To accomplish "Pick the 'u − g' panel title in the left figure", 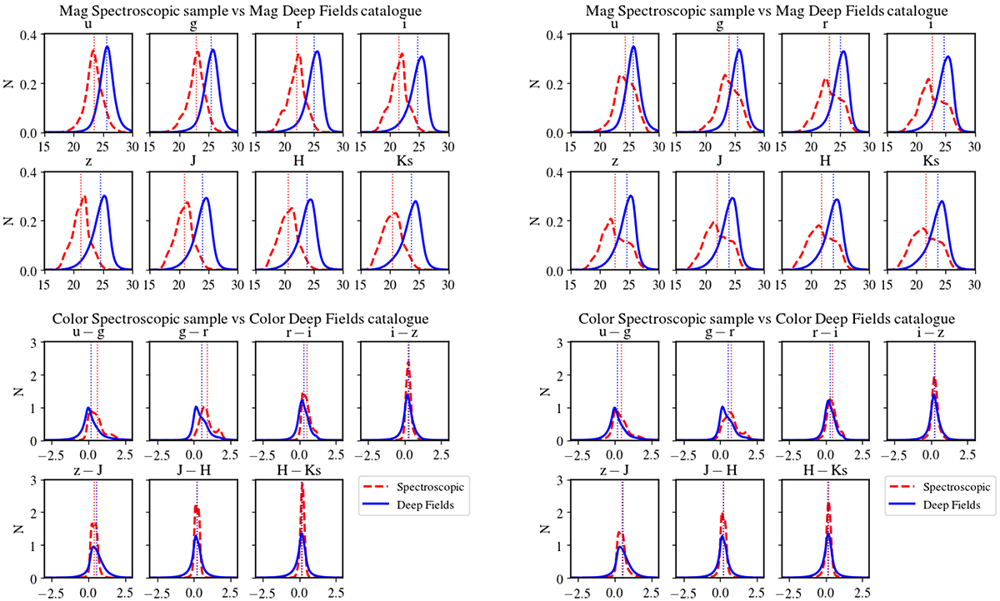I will click(82, 331).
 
